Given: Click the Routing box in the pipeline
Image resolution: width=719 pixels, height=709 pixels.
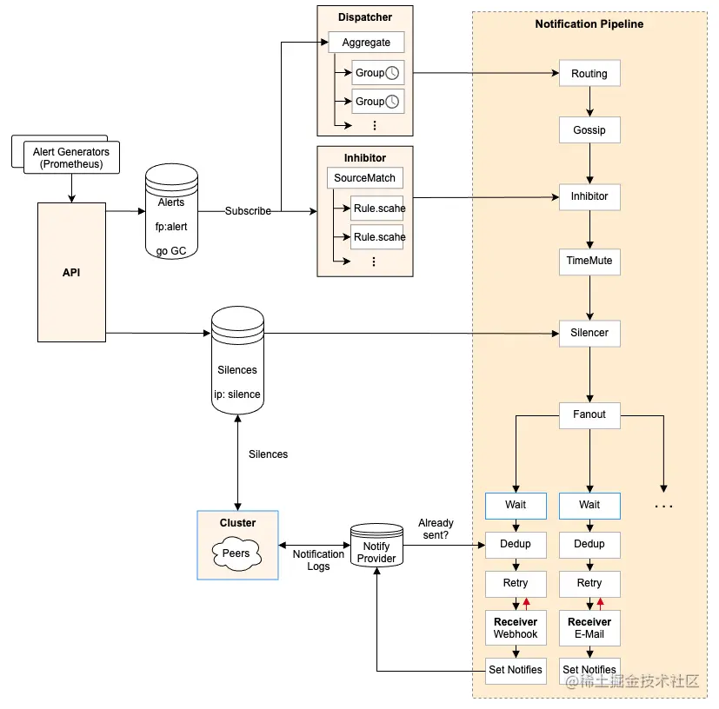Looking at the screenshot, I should pos(589,74).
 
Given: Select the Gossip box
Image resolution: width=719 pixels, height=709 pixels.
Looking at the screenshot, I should pos(589,130).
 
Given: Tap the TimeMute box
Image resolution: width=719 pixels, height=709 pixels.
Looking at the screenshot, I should pos(589,261).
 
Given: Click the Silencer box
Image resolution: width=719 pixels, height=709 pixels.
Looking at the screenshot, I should pos(589,333).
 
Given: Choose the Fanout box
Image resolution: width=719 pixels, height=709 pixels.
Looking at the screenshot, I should pos(589,414).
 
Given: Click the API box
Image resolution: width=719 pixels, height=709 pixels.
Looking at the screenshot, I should pos(71,272).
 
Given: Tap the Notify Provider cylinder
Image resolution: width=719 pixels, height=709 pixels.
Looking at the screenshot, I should pos(376,547).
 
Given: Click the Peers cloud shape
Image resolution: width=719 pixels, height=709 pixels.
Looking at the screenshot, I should pos(236,553).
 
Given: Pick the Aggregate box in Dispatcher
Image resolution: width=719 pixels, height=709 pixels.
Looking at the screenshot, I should pos(366,43).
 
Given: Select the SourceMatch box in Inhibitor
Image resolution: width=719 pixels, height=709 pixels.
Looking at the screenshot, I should pos(365,178).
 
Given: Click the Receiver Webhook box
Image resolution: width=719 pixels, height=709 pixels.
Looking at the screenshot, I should pos(516,628).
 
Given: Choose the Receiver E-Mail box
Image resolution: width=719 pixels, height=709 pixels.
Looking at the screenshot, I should pos(589,628).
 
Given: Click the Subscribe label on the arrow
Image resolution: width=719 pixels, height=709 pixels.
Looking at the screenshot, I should pos(248,211).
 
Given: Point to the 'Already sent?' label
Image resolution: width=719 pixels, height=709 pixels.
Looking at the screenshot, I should pos(436,529).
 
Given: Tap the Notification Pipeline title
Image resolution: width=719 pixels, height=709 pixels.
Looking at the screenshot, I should pos(589,24).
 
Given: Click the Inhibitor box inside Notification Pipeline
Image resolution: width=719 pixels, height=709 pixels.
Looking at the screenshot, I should pos(589,196).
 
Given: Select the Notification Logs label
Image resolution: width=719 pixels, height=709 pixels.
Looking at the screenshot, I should pos(318,560).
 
